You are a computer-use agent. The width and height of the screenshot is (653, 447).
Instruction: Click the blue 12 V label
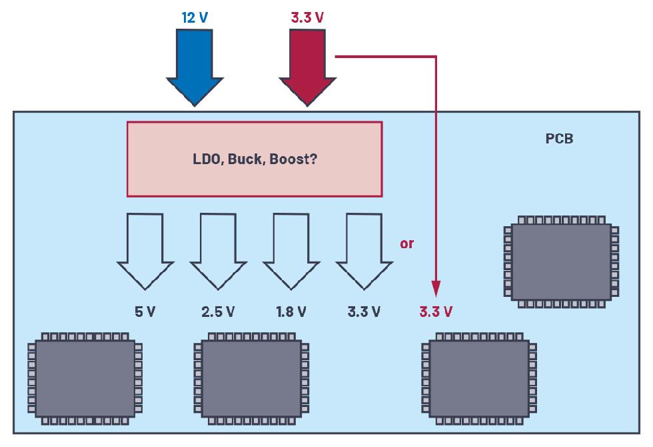tap(194, 17)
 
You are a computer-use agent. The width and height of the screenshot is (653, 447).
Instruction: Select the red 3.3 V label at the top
tap(307, 17)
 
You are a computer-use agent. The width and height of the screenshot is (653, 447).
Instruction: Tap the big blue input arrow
tap(194, 67)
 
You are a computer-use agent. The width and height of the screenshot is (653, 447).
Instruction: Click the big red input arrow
tap(307, 67)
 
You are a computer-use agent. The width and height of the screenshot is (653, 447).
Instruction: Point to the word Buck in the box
tap(246, 159)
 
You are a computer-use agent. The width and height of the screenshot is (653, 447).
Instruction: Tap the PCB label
tap(558, 139)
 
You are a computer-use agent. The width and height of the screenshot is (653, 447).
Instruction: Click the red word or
tap(406, 244)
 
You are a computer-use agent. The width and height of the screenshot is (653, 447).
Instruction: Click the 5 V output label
tap(145, 311)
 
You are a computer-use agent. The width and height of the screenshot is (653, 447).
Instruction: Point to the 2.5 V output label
tap(218, 311)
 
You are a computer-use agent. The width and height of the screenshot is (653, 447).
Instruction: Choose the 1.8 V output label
tap(291, 311)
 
